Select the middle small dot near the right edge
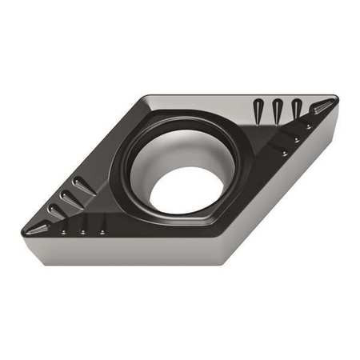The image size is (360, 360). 298,139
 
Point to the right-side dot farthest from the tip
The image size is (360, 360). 286,151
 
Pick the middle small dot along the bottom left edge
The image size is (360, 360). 82,232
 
